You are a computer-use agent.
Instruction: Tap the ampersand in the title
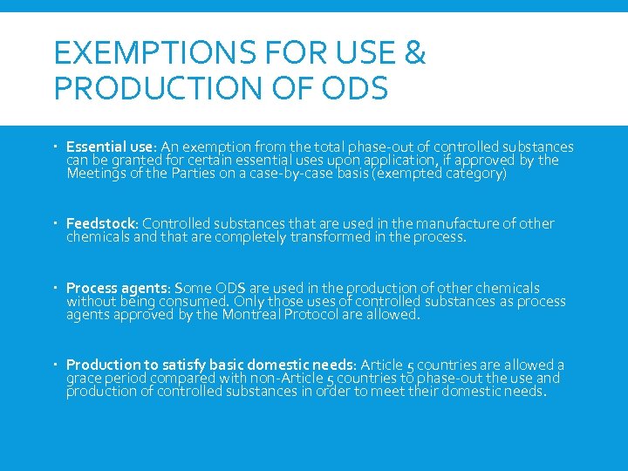click(x=415, y=54)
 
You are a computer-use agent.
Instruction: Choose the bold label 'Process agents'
click(x=117, y=288)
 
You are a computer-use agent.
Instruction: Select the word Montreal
click(x=249, y=315)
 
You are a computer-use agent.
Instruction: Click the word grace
click(x=85, y=379)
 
